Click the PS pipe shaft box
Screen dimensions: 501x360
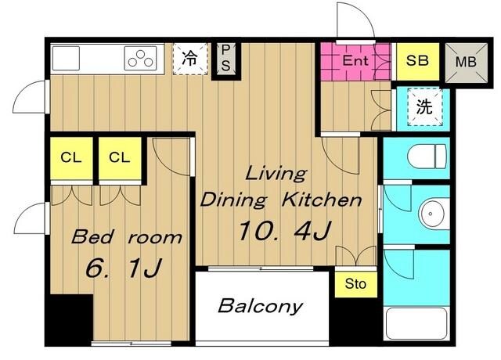[225, 58]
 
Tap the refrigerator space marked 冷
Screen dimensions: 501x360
[190, 59]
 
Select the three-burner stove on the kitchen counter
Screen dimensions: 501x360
[141, 58]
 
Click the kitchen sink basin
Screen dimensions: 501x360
[66, 58]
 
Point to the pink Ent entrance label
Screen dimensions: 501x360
[355, 60]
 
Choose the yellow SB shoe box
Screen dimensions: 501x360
[417, 61]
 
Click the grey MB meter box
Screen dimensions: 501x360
[467, 62]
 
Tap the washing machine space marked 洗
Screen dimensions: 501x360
[424, 107]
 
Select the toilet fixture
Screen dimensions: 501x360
[427, 157]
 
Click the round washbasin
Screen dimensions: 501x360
[432, 214]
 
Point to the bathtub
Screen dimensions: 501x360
[416, 323]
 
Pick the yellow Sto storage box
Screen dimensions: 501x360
[356, 284]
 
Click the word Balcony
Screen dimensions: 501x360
[261, 306]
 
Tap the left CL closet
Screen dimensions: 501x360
[71, 158]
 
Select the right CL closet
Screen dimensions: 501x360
[120, 158]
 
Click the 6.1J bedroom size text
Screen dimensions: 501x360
[123, 268]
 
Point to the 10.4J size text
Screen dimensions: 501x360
[284, 231]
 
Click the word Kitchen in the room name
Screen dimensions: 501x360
[322, 200]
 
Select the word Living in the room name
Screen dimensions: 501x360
[276, 175]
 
